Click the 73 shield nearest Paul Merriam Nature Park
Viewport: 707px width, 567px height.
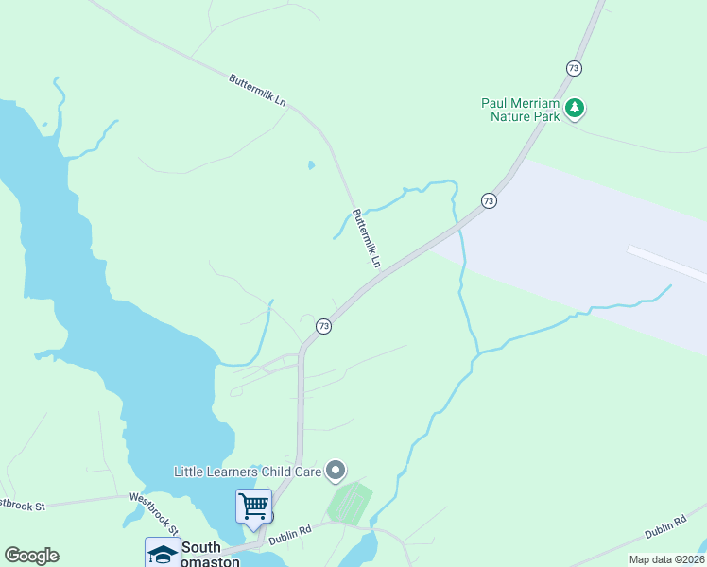574,68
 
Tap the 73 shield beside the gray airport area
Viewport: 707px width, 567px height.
488,200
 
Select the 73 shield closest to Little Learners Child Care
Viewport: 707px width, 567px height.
324,326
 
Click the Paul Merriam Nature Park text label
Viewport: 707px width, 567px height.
521,110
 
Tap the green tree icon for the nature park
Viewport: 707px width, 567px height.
575,110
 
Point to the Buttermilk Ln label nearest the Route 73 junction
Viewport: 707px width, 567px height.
368,237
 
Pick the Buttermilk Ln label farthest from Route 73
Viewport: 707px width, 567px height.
257,91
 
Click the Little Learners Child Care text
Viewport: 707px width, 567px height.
248,471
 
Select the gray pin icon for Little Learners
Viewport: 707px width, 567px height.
336,470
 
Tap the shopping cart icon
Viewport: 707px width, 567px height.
253,506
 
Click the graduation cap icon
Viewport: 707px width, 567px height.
163,554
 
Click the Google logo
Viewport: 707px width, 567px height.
31,556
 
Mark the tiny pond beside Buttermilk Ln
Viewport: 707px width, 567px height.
311,165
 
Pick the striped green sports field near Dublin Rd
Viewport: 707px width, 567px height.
350,502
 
